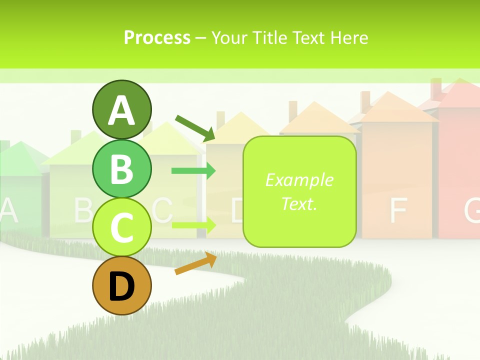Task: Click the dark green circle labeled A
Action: click(121, 109)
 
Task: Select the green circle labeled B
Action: click(121, 168)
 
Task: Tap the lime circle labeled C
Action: click(121, 227)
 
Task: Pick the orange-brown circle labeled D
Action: click(121, 286)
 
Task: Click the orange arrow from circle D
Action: click(195, 263)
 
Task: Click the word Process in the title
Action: click(157, 37)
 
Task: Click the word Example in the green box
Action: click(299, 180)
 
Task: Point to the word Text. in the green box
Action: click(299, 203)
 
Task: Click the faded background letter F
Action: click(397, 210)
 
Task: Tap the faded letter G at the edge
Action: click(472, 210)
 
